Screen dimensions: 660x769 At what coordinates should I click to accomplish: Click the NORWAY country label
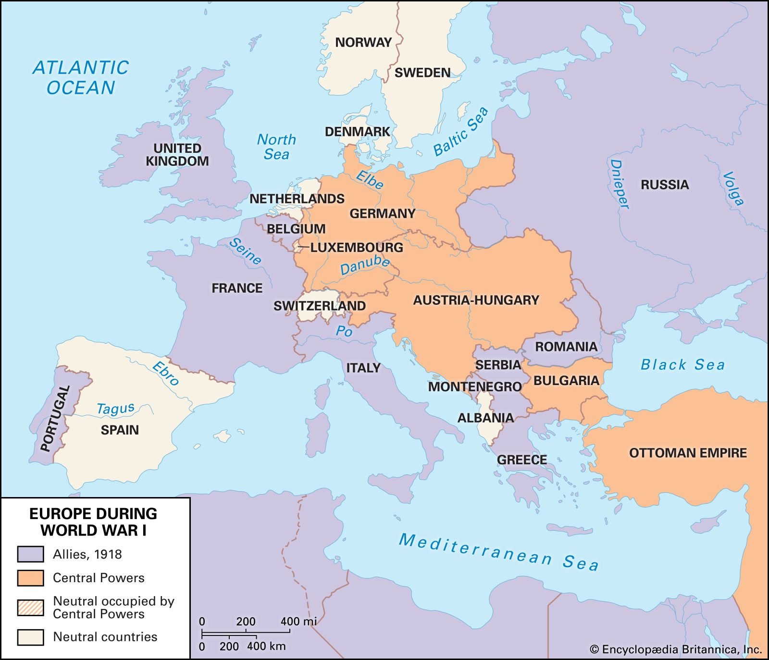(363, 42)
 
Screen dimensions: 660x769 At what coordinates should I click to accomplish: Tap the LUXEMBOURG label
(356, 248)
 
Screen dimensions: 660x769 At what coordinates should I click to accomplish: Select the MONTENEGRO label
(475, 386)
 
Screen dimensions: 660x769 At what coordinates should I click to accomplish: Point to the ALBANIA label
(485, 418)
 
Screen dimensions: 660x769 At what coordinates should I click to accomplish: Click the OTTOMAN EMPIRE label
(688, 453)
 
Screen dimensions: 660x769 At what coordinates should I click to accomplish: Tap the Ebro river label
(165, 374)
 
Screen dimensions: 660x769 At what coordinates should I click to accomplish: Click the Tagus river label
(115, 409)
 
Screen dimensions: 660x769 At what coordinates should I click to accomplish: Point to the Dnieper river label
(619, 185)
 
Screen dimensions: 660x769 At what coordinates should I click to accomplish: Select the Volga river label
(733, 188)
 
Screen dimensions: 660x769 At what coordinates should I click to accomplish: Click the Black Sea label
(682, 364)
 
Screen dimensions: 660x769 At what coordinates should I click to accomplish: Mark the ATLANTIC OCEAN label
(81, 77)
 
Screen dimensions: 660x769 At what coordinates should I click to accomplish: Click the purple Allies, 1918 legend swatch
(30, 554)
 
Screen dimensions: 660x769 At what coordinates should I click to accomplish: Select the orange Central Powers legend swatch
(30, 578)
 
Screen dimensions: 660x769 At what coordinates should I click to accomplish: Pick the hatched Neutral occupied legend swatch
(30, 608)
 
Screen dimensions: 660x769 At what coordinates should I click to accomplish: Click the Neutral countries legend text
(105, 637)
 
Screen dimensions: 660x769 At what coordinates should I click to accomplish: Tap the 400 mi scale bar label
(298, 621)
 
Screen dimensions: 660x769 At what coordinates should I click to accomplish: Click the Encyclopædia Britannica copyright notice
(676, 650)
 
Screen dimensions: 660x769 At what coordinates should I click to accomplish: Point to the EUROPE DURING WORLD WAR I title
(93, 522)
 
